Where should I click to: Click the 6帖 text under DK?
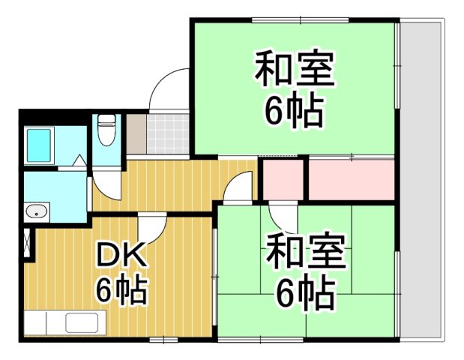120,289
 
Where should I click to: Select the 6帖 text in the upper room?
293,112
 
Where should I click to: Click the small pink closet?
282,178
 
